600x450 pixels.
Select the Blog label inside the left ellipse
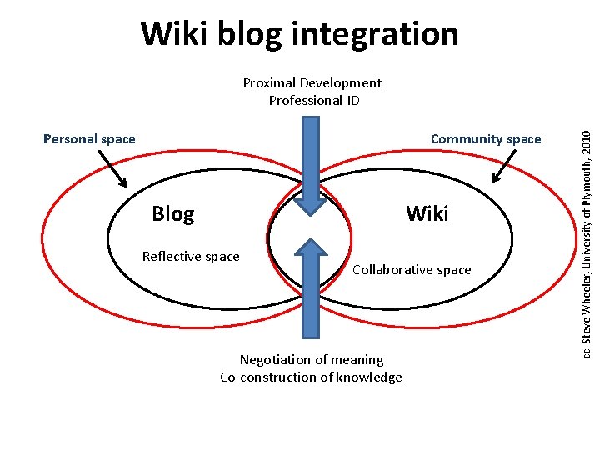click(x=172, y=214)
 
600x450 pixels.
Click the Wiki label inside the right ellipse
click(x=427, y=214)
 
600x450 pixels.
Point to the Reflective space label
click(x=191, y=257)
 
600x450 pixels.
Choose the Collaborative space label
click(x=412, y=270)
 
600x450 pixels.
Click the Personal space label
click(x=89, y=139)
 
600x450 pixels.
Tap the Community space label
click(x=486, y=139)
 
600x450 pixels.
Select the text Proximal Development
click(x=312, y=82)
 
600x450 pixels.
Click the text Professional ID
click(x=314, y=101)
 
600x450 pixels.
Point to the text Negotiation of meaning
click(x=312, y=360)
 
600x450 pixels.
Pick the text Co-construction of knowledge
click(x=311, y=377)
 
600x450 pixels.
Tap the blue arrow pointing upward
click(x=310, y=287)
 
